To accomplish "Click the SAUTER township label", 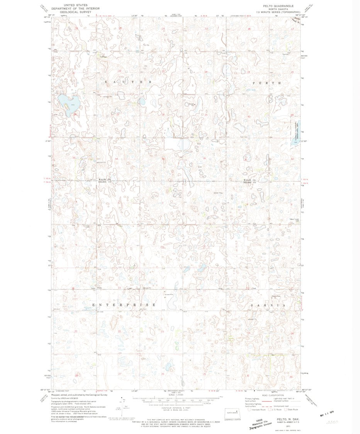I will pyautogui.click(x=128, y=82).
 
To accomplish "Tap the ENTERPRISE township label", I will pyautogui.click(x=124, y=305).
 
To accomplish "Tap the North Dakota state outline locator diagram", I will pyautogui.click(x=233, y=412).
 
